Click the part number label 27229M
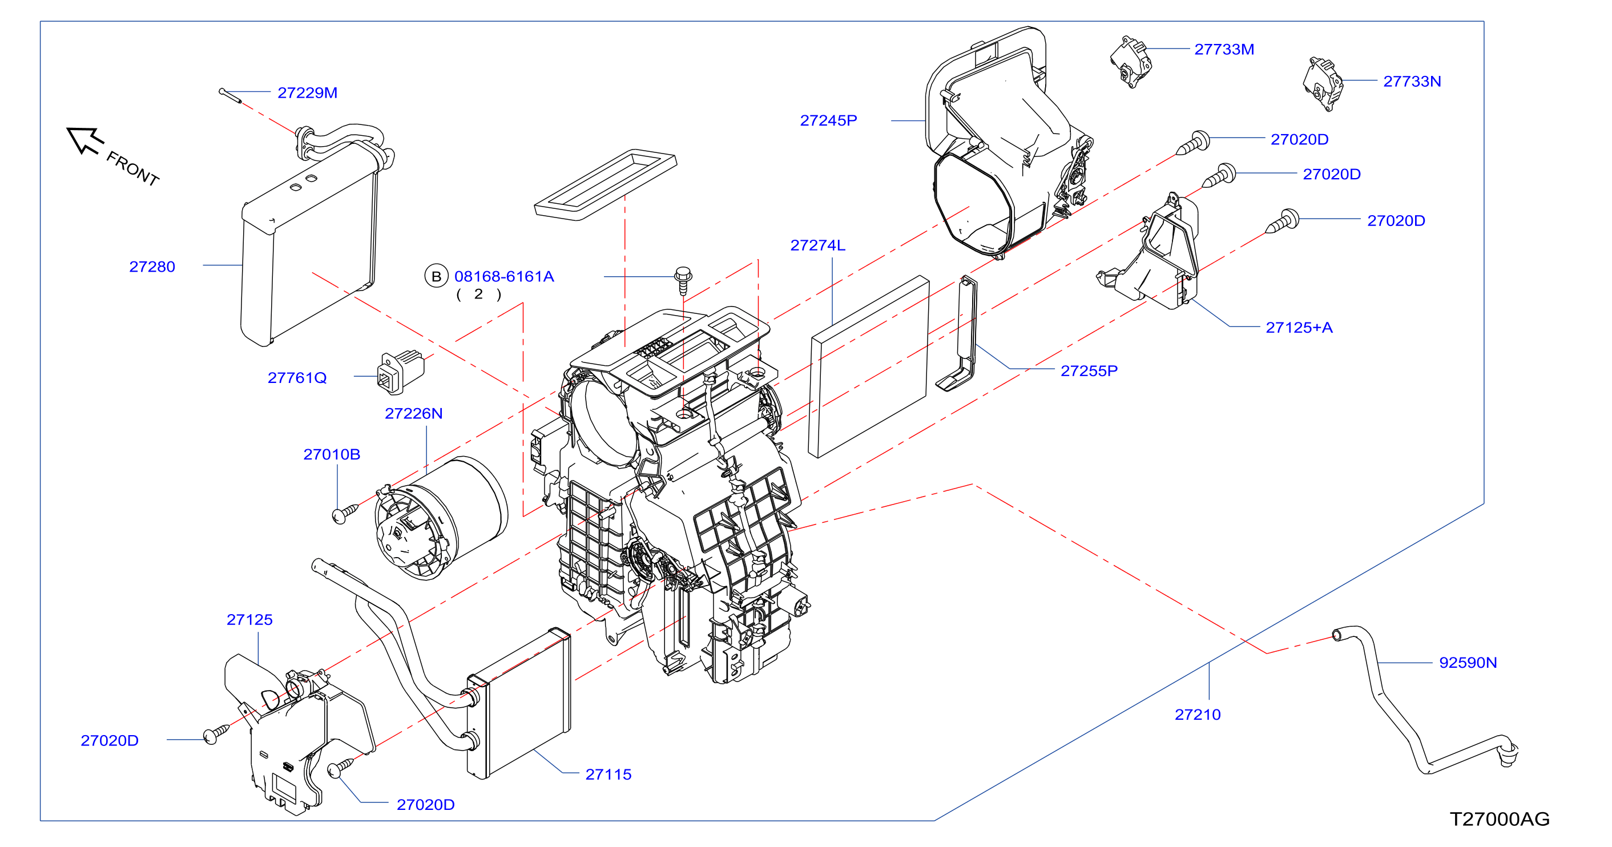pos(307,92)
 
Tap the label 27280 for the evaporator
pos(152,267)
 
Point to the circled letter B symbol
pos(436,276)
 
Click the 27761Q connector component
pos(401,372)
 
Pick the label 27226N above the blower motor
pos(414,413)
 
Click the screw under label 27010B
pos(344,514)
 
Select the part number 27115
pos(608,775)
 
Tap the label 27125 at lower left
pos(249,620)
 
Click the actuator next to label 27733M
pos(1131,61)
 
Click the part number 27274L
pos(818,245)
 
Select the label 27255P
pos(1089,371)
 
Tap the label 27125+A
pos(1299,327)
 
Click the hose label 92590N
pos(1468,663)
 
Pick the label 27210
pos(1198,715)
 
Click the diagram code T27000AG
pos(1500,819)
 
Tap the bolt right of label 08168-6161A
pos(683,280)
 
